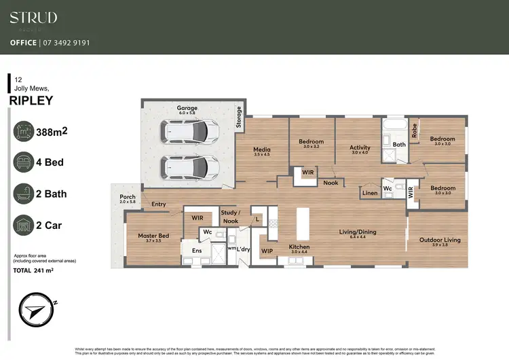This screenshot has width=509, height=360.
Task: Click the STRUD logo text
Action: pos(33,18)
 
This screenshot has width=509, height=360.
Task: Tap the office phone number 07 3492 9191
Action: pos(69,43)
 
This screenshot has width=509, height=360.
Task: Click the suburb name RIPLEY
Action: pos(31,101)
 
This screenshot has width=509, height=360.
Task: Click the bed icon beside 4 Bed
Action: pos(26,163)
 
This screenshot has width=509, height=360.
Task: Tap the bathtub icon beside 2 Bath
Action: pos(26,194)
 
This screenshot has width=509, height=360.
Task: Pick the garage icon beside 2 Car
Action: pos(26,225)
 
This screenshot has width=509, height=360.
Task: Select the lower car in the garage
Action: pos(189,166)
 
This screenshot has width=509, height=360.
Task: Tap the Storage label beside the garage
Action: pos(238,117)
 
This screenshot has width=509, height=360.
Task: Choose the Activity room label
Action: pos(360,147)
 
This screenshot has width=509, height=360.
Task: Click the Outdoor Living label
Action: pos(439,239)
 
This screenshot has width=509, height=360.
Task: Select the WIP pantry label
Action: pos(267,251)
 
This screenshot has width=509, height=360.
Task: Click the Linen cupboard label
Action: pos(369,194)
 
